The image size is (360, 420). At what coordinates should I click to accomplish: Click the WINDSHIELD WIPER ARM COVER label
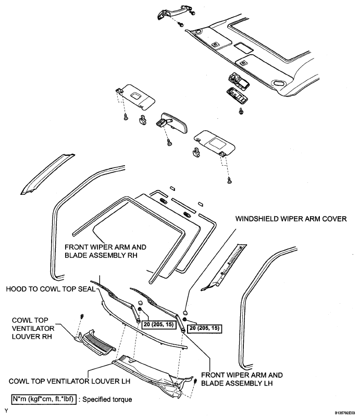click(x=291, y=219)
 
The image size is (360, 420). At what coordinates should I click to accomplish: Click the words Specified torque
click(x=112, y=400)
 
